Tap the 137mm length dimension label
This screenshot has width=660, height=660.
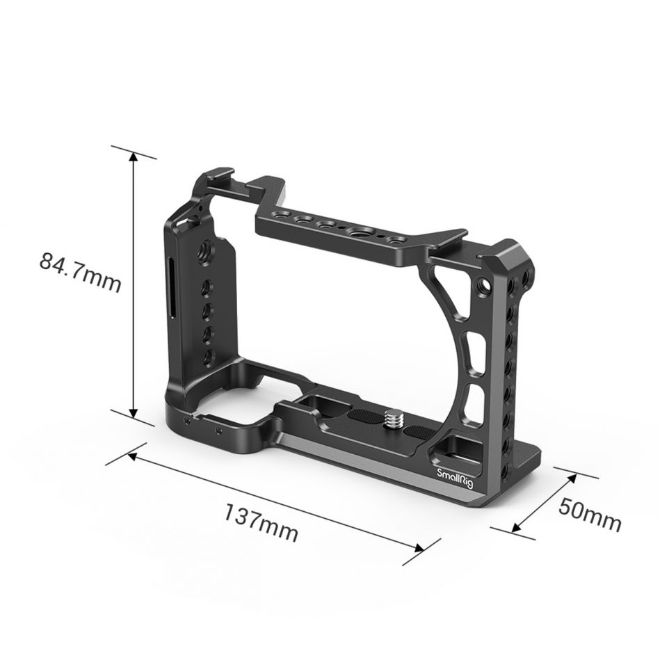pos(260,523)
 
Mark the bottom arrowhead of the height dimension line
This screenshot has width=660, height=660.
pos(133,412)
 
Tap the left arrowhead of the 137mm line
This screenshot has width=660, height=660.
pos(133,456)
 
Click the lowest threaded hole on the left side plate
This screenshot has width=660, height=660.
pos(207,356)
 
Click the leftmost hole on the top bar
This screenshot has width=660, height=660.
pos(283,215)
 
